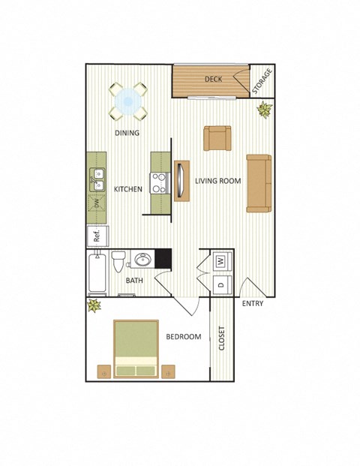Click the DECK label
coord(213,79)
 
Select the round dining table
coord(128,101)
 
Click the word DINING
coord(127,134)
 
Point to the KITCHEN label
coord(127,190)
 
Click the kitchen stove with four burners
coord(159,182)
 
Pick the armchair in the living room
coord(217,138)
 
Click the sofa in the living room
coord(259,183)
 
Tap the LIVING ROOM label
coord(217,182)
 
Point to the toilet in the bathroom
coord(118,263)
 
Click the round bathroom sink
coord(142,260)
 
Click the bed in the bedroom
coord(136,348)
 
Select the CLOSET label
coord(221,338)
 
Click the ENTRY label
coord(253,304)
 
